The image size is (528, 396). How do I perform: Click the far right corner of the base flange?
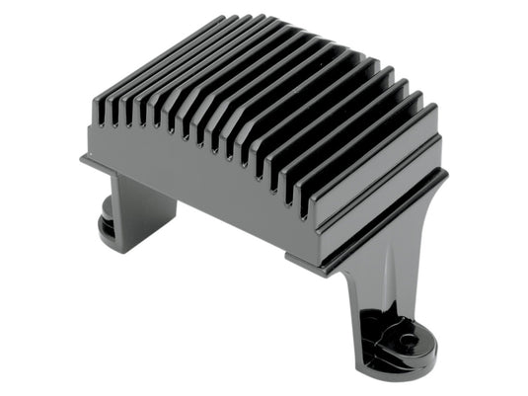444,175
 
